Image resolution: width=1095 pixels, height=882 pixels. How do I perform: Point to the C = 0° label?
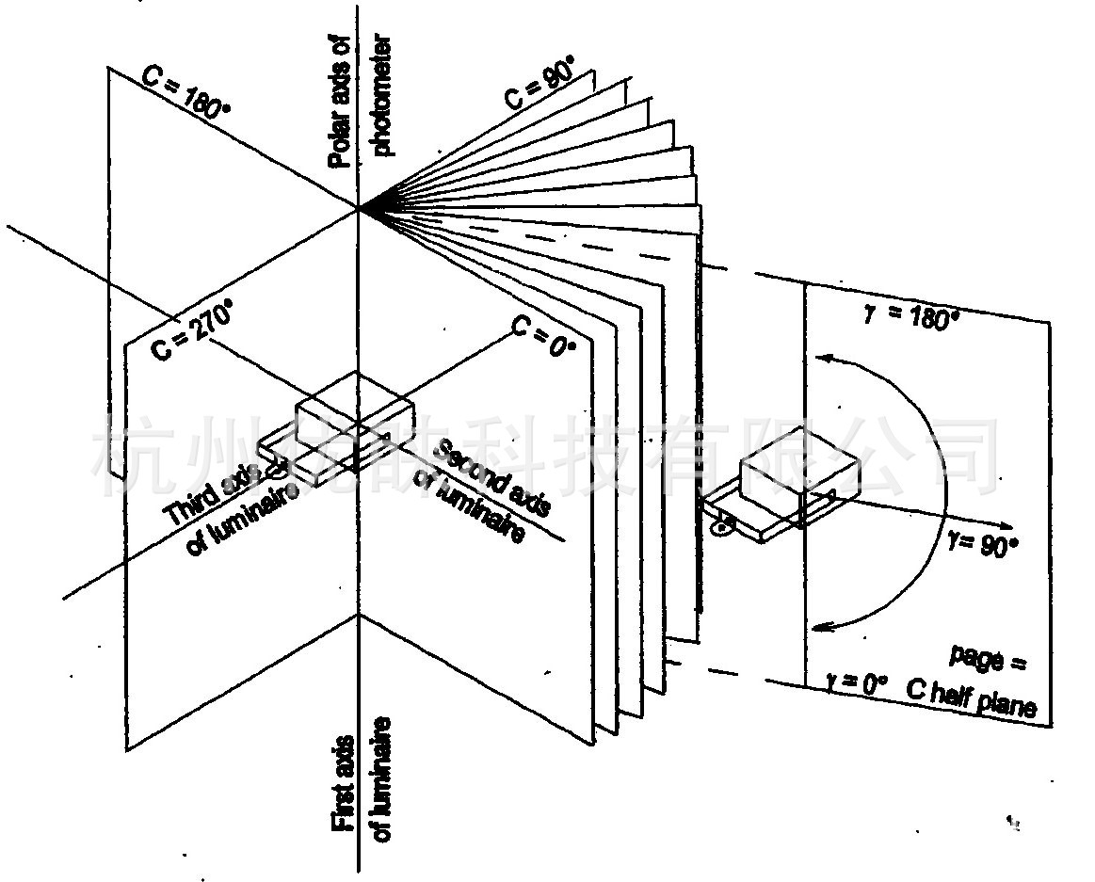(x=543, y=335)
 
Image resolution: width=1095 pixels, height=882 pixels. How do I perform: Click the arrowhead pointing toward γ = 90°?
(x=1006, y=525)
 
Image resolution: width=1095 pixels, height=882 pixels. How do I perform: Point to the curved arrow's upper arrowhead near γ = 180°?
(x=824, y=358)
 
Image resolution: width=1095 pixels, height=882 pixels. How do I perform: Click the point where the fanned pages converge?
(x=359, y=208)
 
